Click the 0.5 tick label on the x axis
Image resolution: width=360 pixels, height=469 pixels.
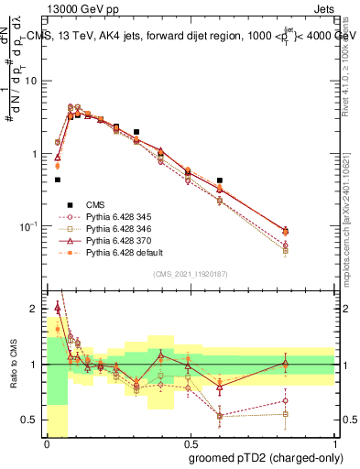click(191, 443)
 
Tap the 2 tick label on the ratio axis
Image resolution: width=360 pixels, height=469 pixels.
click(36, 309)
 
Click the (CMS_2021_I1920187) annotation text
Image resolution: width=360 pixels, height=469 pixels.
click(191, 274)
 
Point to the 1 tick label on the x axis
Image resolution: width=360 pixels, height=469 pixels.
click(334, 443)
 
